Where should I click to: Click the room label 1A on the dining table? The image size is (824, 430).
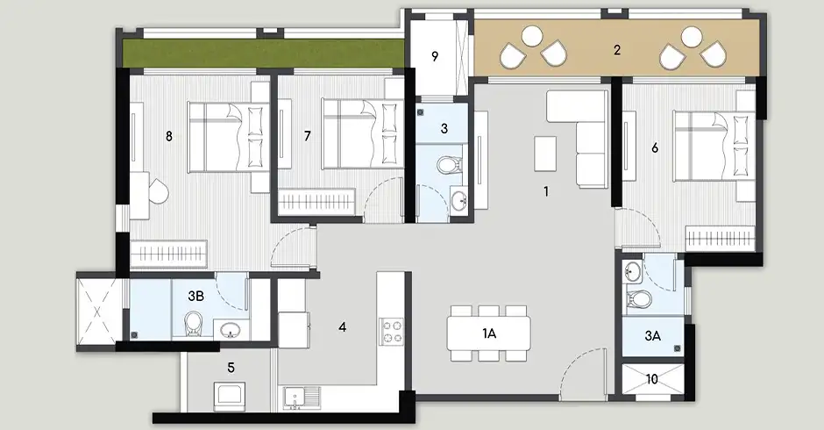489,333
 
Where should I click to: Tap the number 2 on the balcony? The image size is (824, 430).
617,50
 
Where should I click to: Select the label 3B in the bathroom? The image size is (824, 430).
195,297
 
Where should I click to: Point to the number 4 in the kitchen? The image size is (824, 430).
343,327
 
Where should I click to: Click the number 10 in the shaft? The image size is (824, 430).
651,379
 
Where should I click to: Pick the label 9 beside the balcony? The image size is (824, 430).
435,56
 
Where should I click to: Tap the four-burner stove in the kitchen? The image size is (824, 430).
392,332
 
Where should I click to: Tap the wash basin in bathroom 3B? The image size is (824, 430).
231,331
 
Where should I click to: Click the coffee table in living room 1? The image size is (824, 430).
545,154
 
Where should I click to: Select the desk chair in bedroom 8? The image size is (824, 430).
157,191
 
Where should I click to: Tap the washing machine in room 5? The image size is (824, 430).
230,398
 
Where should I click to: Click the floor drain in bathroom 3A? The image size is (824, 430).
678,348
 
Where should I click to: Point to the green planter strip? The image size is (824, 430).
263,54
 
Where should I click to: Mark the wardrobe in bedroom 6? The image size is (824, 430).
720,239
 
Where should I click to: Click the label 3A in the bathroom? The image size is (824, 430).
652,336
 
